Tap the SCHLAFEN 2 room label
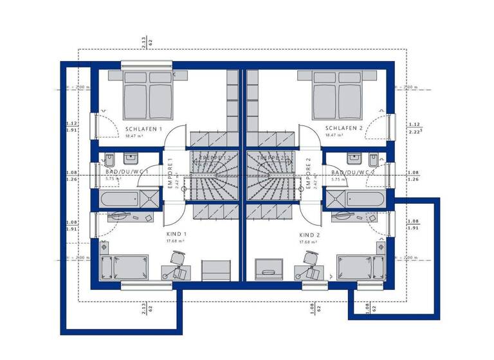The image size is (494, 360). coord(344,129)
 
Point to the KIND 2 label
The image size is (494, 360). coord(309,235)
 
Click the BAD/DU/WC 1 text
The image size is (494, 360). coord(127,173)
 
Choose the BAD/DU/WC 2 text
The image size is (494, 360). coord(353,173)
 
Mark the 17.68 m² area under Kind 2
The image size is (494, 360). coord(309,242)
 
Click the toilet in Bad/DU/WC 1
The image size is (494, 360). coord(110,157)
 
